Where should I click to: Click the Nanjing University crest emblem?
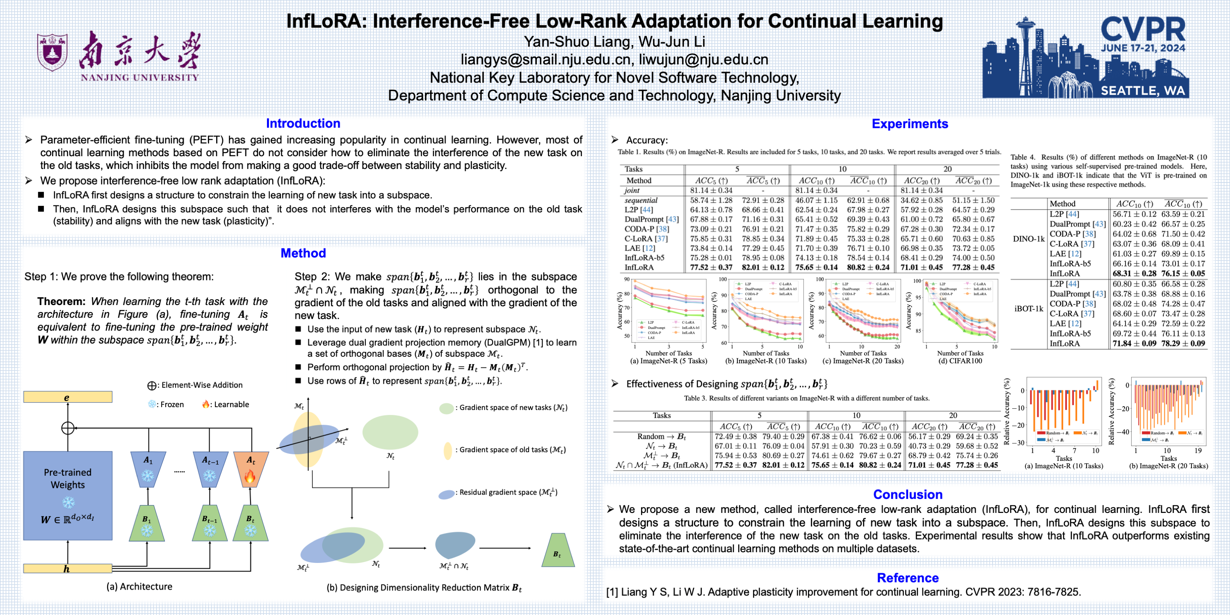click(x=52, y=52)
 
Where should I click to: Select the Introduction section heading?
click(x=303, y=123)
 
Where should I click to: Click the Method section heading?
click(x=303, y=253)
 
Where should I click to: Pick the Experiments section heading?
click(x=910, y=124)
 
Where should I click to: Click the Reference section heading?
click(x=908, y=578)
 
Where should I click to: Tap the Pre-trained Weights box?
click(x=68, y=495)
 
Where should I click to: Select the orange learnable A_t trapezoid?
click(x=251, y=469)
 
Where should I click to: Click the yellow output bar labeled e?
click(x=68, y=397)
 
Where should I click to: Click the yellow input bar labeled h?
click(x=68, y=568)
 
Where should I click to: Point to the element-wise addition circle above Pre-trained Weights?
click(x=68, y=428)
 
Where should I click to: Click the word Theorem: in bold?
click(x=62, y=301)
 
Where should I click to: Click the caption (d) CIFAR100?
click(x=960, y=361)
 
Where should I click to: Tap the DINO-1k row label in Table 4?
click(x=1029, y=239)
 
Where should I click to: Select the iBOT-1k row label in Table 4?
click(x=1029, y=308)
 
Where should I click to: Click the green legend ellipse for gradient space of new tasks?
click(x=446, y=408)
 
